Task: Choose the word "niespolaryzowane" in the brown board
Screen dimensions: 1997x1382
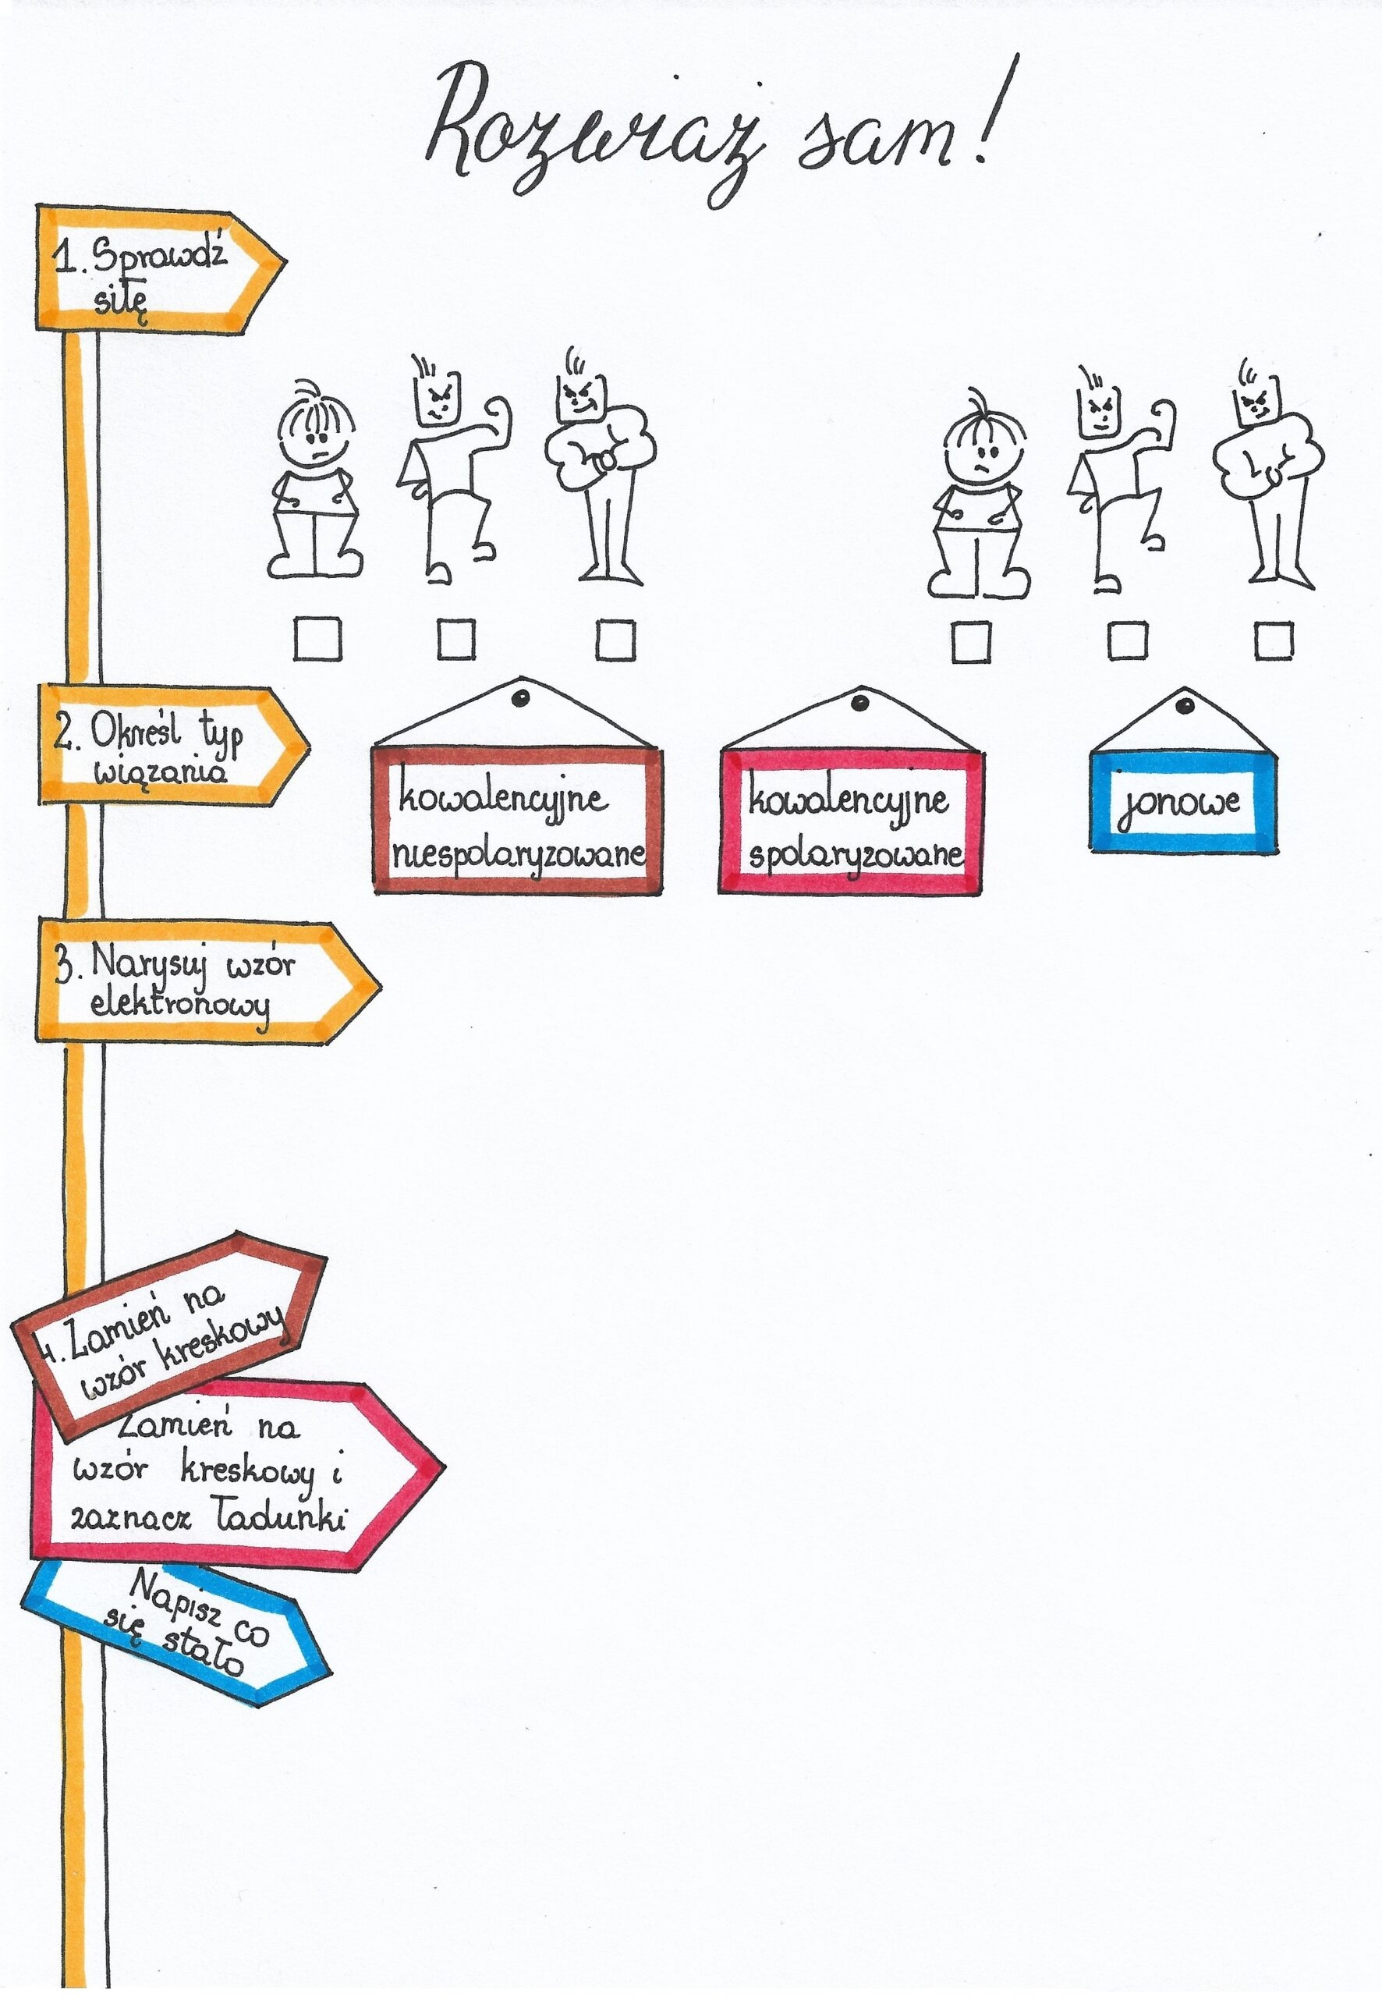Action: click(518, 856)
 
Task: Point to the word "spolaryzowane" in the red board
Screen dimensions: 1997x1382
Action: click(855, 856)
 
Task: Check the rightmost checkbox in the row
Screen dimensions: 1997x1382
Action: click(1274, 642)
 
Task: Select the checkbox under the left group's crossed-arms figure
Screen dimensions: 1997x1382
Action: click(615, 641)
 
